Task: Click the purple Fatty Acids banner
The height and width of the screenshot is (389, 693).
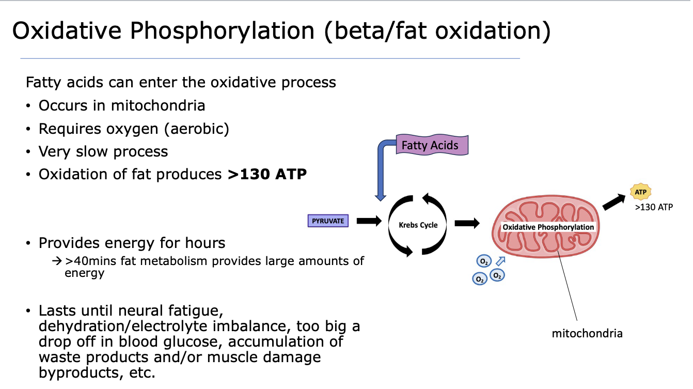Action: tap(430, 145)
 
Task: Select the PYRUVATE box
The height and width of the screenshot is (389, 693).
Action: tap(327, 221)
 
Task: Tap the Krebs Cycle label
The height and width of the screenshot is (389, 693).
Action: tap(418, 225)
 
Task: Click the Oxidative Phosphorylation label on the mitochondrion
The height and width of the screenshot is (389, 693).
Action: tap(548, 227)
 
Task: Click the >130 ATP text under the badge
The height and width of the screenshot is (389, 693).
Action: tap(654, 208)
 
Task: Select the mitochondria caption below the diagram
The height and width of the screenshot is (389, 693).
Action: tap(587, 333)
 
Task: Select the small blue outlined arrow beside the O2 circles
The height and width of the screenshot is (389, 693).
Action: tap(500, 262)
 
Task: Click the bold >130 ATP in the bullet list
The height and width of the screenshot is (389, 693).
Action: tap(267, 174)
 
